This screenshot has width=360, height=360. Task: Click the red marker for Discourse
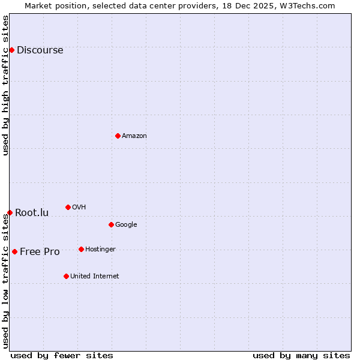click(11, 50)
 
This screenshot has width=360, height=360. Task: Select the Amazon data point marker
click(118, 136)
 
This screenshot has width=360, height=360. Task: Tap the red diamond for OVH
click(68, 207)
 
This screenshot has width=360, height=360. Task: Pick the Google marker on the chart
click(111, 224)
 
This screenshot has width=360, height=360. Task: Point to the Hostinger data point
click(81, 249)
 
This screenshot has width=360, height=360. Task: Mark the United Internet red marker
click(66, 276)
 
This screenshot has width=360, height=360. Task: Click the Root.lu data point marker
click(10, 212)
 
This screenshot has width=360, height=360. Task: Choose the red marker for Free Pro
click(14, 251)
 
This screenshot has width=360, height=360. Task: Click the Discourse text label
click(40, 50)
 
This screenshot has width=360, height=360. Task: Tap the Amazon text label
click(134, 136)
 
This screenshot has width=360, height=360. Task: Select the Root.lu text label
click(32, 213)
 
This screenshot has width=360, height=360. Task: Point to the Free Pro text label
click(40, 252)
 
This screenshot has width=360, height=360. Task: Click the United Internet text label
click(94, 277)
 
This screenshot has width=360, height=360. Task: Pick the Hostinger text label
click(100, 250)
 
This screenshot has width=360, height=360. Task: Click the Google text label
click(126, 225)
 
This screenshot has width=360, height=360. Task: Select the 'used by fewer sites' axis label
click(62, 355)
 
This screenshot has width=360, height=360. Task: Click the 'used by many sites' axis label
click(301, 355)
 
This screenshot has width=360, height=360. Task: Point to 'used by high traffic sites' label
click(6, 85)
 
